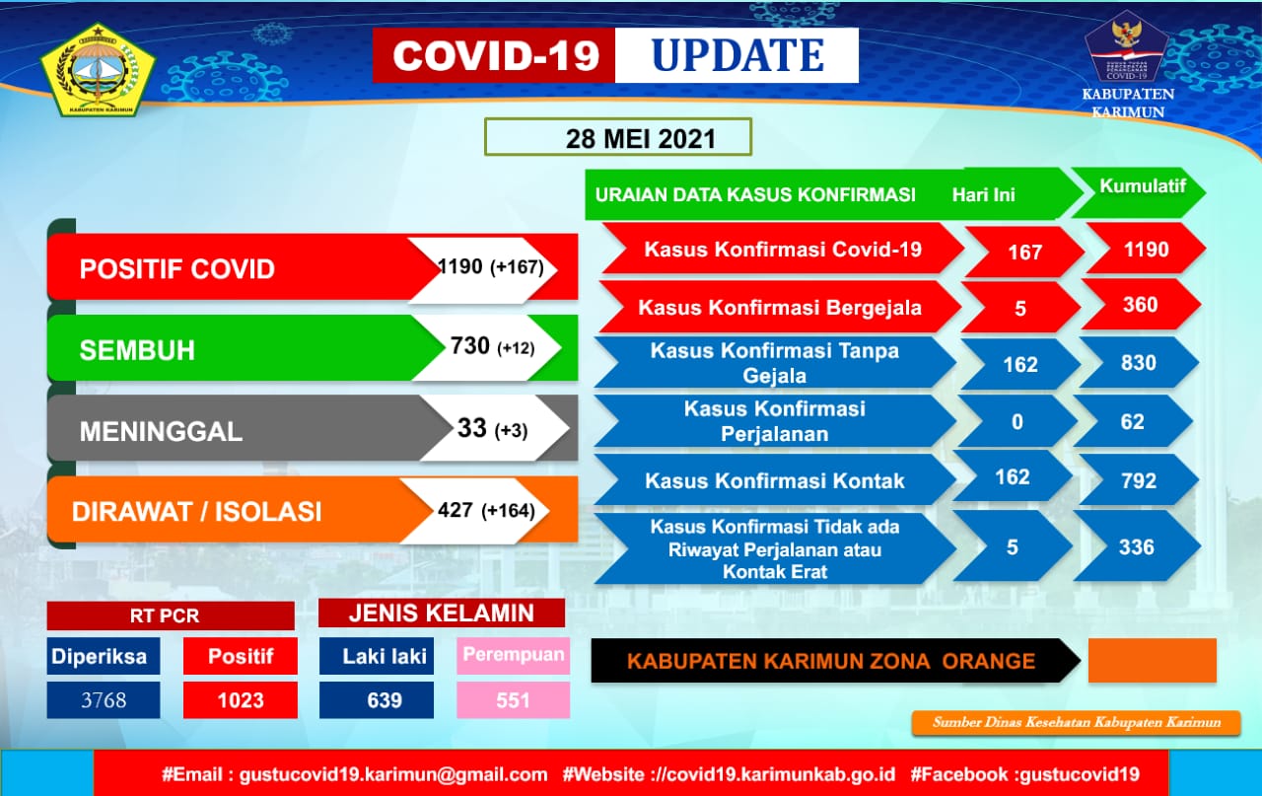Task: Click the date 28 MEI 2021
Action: [x=641, y=139]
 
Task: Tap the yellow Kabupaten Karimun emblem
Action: [x=98, y=70]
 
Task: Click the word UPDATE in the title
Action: [x=737, y=55]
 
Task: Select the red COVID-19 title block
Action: [x=494, y=55]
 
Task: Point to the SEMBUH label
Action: [x=137, y=350]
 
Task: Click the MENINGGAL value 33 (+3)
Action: [x=492, y=428]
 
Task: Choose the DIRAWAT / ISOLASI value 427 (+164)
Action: [x=486, y=510]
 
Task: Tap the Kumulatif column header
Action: [x=1143, y=186]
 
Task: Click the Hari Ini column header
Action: [x=983, y=195]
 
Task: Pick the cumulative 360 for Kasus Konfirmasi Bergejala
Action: [x=1141, y=305]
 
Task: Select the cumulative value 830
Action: [x=1139, y=363]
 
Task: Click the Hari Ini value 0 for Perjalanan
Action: [x=1017, y=422]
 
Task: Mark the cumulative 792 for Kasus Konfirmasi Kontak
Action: [x=1139, y=481]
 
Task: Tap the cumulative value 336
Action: [x=1137, y=547]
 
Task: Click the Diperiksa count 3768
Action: [x=104, y=700]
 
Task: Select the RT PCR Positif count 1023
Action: [x=241, y=700]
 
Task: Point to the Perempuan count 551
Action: [x=513, y=700]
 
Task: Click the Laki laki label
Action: [x=385, y=656]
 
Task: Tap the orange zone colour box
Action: [x=1153, y=660]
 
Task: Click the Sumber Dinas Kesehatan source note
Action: [x=1076, y=722]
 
